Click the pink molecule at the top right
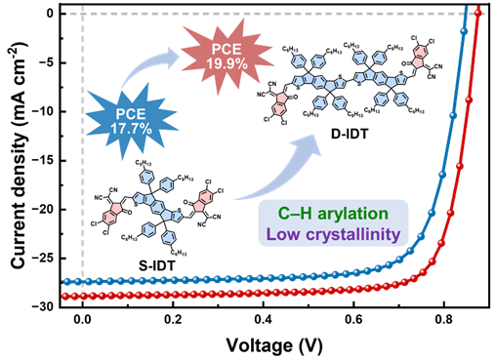tap(421, 57)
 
